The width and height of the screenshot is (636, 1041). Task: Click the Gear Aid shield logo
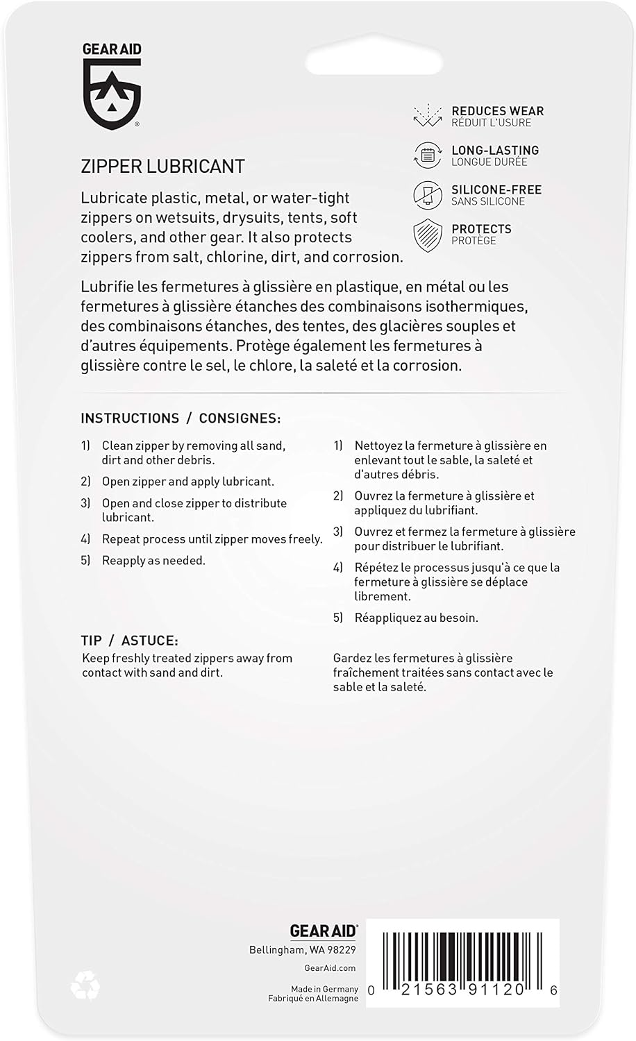click(112, 93)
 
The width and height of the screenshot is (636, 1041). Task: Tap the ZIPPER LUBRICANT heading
click(162, 167)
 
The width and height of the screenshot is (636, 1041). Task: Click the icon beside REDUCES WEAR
click(428, 116)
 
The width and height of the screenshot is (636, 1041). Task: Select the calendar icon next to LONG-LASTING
click(428, 155)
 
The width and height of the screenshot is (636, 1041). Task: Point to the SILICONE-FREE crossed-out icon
click(428, 195)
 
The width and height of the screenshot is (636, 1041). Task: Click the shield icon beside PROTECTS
click(428, 235)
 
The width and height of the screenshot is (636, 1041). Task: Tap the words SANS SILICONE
click(488, 201)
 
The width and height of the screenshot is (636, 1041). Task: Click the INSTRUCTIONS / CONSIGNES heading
click(181, 418)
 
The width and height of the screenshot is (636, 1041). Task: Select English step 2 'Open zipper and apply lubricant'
click(187, 482)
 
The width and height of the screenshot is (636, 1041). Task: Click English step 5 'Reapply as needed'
click(153, 561)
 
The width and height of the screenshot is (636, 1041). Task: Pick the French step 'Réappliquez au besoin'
click(416, 618)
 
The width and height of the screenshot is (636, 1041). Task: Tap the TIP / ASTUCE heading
click(130, 641)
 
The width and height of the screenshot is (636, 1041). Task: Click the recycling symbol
click(85, 984)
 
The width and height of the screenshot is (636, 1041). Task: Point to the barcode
click(462, 956)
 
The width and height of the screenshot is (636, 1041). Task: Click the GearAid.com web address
click(330, 968)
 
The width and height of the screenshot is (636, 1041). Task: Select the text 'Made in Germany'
click(324, 989)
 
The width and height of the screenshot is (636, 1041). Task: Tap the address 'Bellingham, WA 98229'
click(303, 950)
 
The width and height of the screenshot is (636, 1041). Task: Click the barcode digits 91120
click(499, 990)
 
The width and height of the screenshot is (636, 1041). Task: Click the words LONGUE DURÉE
click(489, 162)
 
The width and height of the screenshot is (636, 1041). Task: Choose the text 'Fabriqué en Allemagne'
click(313, 999)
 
